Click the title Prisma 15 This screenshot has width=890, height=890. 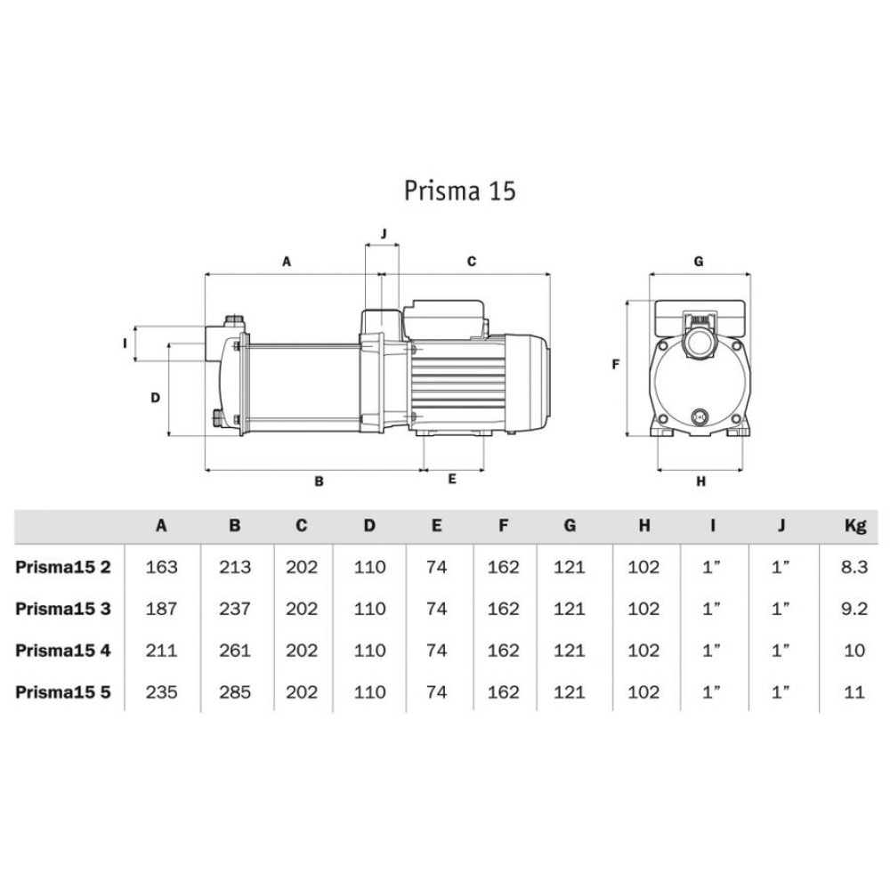(x=459, y=191)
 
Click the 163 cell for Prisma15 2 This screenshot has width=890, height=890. (x=161, y=567)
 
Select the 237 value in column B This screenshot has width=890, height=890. (x=235, y=609)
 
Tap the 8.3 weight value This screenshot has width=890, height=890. (x=854, y=567)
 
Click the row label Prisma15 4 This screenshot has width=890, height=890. (x=63, y=650)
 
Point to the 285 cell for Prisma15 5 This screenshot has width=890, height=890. (x=235, y=692)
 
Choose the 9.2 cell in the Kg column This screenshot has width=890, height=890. (x=854, y=609)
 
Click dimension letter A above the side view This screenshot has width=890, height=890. (x=287, y=262)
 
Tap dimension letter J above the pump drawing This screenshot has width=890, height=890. (x=384, y=233)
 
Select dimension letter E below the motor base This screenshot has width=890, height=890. (x=452, y=479)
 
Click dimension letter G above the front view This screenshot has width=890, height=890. (x=699, y=262)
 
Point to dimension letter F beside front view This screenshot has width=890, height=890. (x=615, y=364)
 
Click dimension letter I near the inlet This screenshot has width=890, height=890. (x=125, y=342)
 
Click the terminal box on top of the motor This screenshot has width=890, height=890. (x=445, y=318)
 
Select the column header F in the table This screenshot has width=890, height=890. (x=504, y=525)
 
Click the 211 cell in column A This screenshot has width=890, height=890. (x=161, y=650)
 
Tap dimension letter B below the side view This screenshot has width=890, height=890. (x=319, y=481)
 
